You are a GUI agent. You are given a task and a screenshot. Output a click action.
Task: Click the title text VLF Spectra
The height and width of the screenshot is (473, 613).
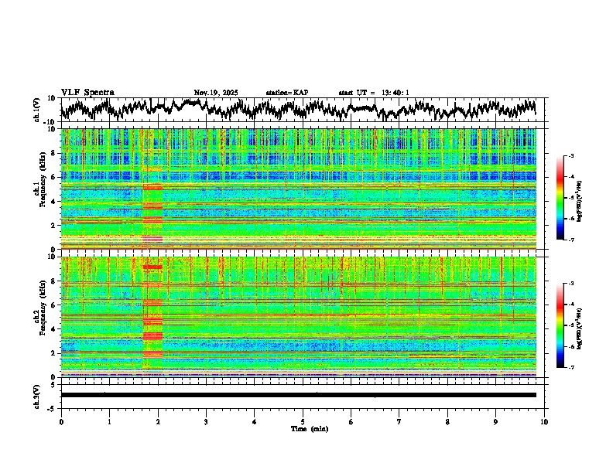click(87, 92)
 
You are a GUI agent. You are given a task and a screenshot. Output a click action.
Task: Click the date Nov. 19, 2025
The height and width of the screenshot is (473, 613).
click(216, 93)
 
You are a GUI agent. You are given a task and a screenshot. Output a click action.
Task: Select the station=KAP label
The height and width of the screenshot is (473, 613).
click(286, 93)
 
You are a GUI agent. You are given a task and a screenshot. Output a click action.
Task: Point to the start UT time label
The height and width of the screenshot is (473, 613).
click(373, 93)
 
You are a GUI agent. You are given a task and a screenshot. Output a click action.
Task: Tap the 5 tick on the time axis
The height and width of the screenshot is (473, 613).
click(303, 422)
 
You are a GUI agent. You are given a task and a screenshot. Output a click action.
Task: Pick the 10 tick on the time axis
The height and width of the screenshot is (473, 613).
click(544, 422)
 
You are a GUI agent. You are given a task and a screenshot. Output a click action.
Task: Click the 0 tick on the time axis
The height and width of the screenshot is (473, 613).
click(61, 422)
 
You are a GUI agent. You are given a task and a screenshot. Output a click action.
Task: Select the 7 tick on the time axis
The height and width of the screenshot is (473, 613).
click(399, 422)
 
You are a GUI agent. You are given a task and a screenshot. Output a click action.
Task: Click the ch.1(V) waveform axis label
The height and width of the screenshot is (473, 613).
click(37, 110)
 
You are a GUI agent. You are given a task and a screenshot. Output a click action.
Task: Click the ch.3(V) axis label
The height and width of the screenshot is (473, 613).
click(37, 394)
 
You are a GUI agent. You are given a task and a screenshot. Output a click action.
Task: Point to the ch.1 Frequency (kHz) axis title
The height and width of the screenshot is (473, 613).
click(39, 189)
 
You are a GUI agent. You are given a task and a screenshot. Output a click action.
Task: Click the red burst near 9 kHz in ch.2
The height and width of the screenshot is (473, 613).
click(152, 267)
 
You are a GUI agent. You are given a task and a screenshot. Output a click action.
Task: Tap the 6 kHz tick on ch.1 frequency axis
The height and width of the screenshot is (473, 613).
click(56, 177)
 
